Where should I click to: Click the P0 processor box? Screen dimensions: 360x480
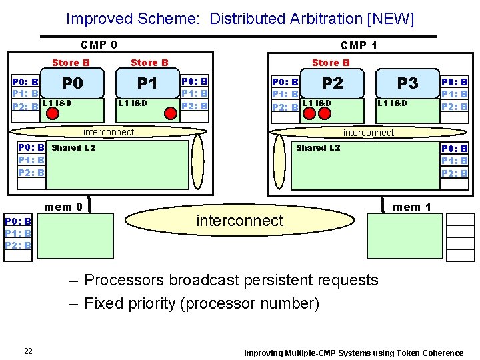pyautogui.click(x=73, y=83)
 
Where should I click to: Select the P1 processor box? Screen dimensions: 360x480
pyautogui.click(x=147, y=83)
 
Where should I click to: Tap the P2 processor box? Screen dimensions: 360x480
pyautogui.click(x=332, y=83)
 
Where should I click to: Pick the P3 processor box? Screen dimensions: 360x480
pyautogui.click(x=407, y=83)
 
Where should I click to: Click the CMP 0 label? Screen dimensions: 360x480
pyautogui.click(x=99, y=45)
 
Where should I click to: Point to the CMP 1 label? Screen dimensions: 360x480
pyautogui.click(x=359, y=45)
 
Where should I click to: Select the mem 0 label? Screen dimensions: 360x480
pyautogui.click(x=63, y=207)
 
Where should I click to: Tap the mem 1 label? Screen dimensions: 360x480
pyautogui.click(x=411, y=207)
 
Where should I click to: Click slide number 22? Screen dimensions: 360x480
pyautogui.click(x=28, y=352)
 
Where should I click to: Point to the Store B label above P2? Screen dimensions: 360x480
pyautogui.click(x=331, y=63)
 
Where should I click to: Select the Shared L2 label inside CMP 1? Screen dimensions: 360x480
pyautogui.click(x=317, y=148)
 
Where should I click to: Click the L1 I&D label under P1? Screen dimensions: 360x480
pyautogui.click(x=133, y=103)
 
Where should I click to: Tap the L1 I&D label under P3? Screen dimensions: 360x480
pyautogui.click(x=392, y=103)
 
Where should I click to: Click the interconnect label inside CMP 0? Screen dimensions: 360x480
pyautogui.click(x=108, y=132)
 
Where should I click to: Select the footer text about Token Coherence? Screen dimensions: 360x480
pyautogui.click(x=353, y=353)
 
